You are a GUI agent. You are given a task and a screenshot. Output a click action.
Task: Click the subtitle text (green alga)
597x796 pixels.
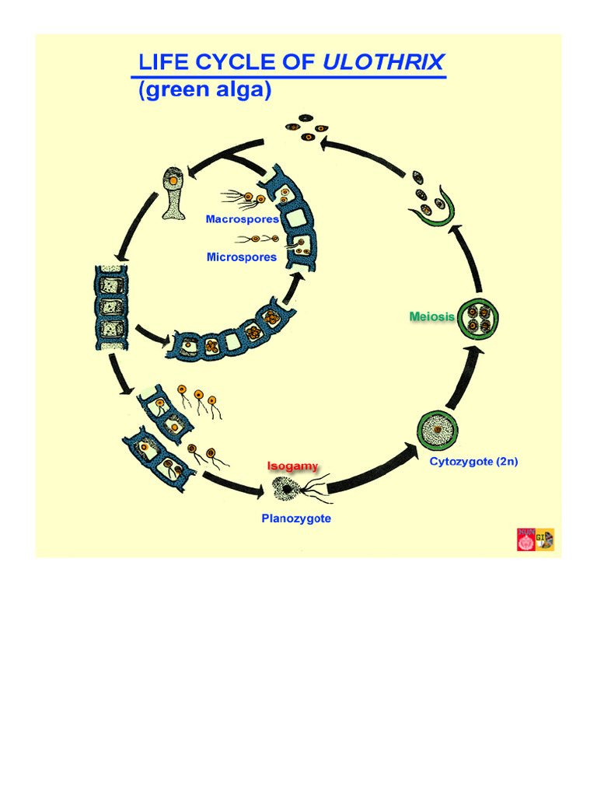pos(204,89)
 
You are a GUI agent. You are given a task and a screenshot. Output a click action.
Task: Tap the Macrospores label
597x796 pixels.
pos(242,219)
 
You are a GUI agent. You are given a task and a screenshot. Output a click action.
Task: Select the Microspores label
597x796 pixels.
pos(242,257)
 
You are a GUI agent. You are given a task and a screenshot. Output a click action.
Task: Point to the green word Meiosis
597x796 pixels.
pos(432,316)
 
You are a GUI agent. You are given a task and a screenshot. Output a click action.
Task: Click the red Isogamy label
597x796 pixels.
pos(292,466)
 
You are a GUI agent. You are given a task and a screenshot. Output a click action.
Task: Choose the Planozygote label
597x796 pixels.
pos(296,518)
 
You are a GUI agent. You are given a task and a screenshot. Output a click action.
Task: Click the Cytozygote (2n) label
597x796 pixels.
pos(473,462)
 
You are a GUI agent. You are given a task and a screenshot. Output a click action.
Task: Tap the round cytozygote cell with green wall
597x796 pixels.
pos(438,430)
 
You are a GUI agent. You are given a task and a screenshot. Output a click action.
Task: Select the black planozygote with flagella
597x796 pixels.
pos(288,488)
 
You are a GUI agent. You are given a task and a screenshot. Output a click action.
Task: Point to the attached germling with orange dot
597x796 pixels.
pos(173,193)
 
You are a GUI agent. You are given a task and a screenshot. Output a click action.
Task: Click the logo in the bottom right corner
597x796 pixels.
pos(536,539)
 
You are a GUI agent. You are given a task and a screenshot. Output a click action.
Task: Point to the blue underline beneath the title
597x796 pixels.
pos(288,77)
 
